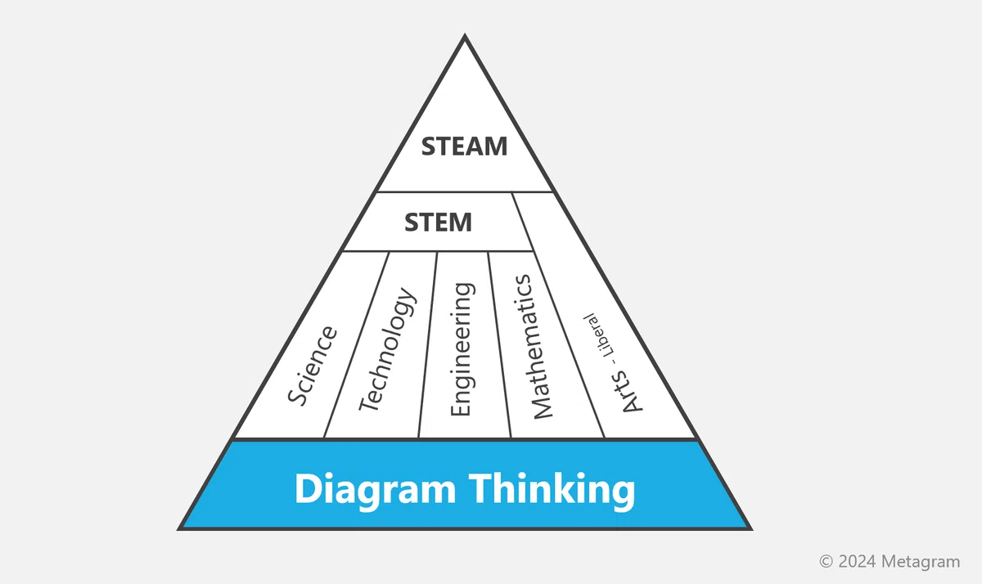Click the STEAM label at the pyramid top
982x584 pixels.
coord(464,146)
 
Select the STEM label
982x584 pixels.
coord(438,222)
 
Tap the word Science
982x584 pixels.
coord(312,366)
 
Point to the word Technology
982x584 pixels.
coord(386,349)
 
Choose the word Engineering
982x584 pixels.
coord(462,349)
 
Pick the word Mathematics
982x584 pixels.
coord(531,347)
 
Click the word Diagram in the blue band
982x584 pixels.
coord(376,490)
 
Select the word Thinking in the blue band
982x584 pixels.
coord(552,490)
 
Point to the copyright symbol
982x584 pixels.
coord(826,561)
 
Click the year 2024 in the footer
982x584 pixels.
coord(858,561)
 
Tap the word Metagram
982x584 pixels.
coord(921,562)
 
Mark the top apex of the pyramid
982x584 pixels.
coord(465,34)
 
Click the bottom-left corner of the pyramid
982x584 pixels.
coord(178,530)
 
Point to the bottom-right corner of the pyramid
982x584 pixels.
coord(752,530)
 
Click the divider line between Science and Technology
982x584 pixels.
coord(357,345)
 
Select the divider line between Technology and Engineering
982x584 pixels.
coord(428,345)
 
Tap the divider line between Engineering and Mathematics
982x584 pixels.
coord(500,345)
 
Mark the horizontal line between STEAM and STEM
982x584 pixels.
coord(465,192)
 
